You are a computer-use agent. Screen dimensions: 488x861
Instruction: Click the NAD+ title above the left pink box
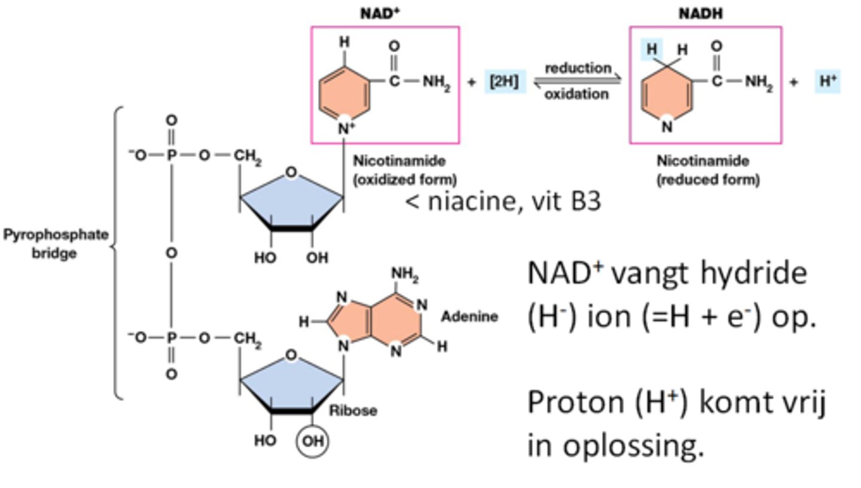click(380, 13)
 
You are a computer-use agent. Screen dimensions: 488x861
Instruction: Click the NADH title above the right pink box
click(701, 13)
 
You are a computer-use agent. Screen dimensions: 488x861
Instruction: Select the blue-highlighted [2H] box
click(504, 82)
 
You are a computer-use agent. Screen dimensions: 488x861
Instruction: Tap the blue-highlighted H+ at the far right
click(828, 82)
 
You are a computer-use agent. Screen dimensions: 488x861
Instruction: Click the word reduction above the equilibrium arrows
click(578, 68)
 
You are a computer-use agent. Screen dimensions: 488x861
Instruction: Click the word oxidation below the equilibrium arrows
click(577, 94)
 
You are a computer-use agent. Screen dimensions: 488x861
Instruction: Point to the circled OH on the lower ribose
click(312, 442)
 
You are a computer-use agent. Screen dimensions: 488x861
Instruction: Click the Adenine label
click(469, 317)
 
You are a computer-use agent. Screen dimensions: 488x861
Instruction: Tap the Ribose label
click(353, 410)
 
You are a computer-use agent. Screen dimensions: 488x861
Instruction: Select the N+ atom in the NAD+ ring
click(346, 128)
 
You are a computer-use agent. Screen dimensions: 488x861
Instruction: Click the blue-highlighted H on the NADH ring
click(652, 50)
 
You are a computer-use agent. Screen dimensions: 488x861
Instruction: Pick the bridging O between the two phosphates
click(172, 253)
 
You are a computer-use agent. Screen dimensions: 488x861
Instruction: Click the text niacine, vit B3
click(503, 202)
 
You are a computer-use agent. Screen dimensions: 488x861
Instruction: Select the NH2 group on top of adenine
click(405, 275)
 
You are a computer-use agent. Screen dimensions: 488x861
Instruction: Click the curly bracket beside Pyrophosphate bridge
click(117, 251)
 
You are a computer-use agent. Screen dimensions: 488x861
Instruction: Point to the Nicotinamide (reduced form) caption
click(703, 170)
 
